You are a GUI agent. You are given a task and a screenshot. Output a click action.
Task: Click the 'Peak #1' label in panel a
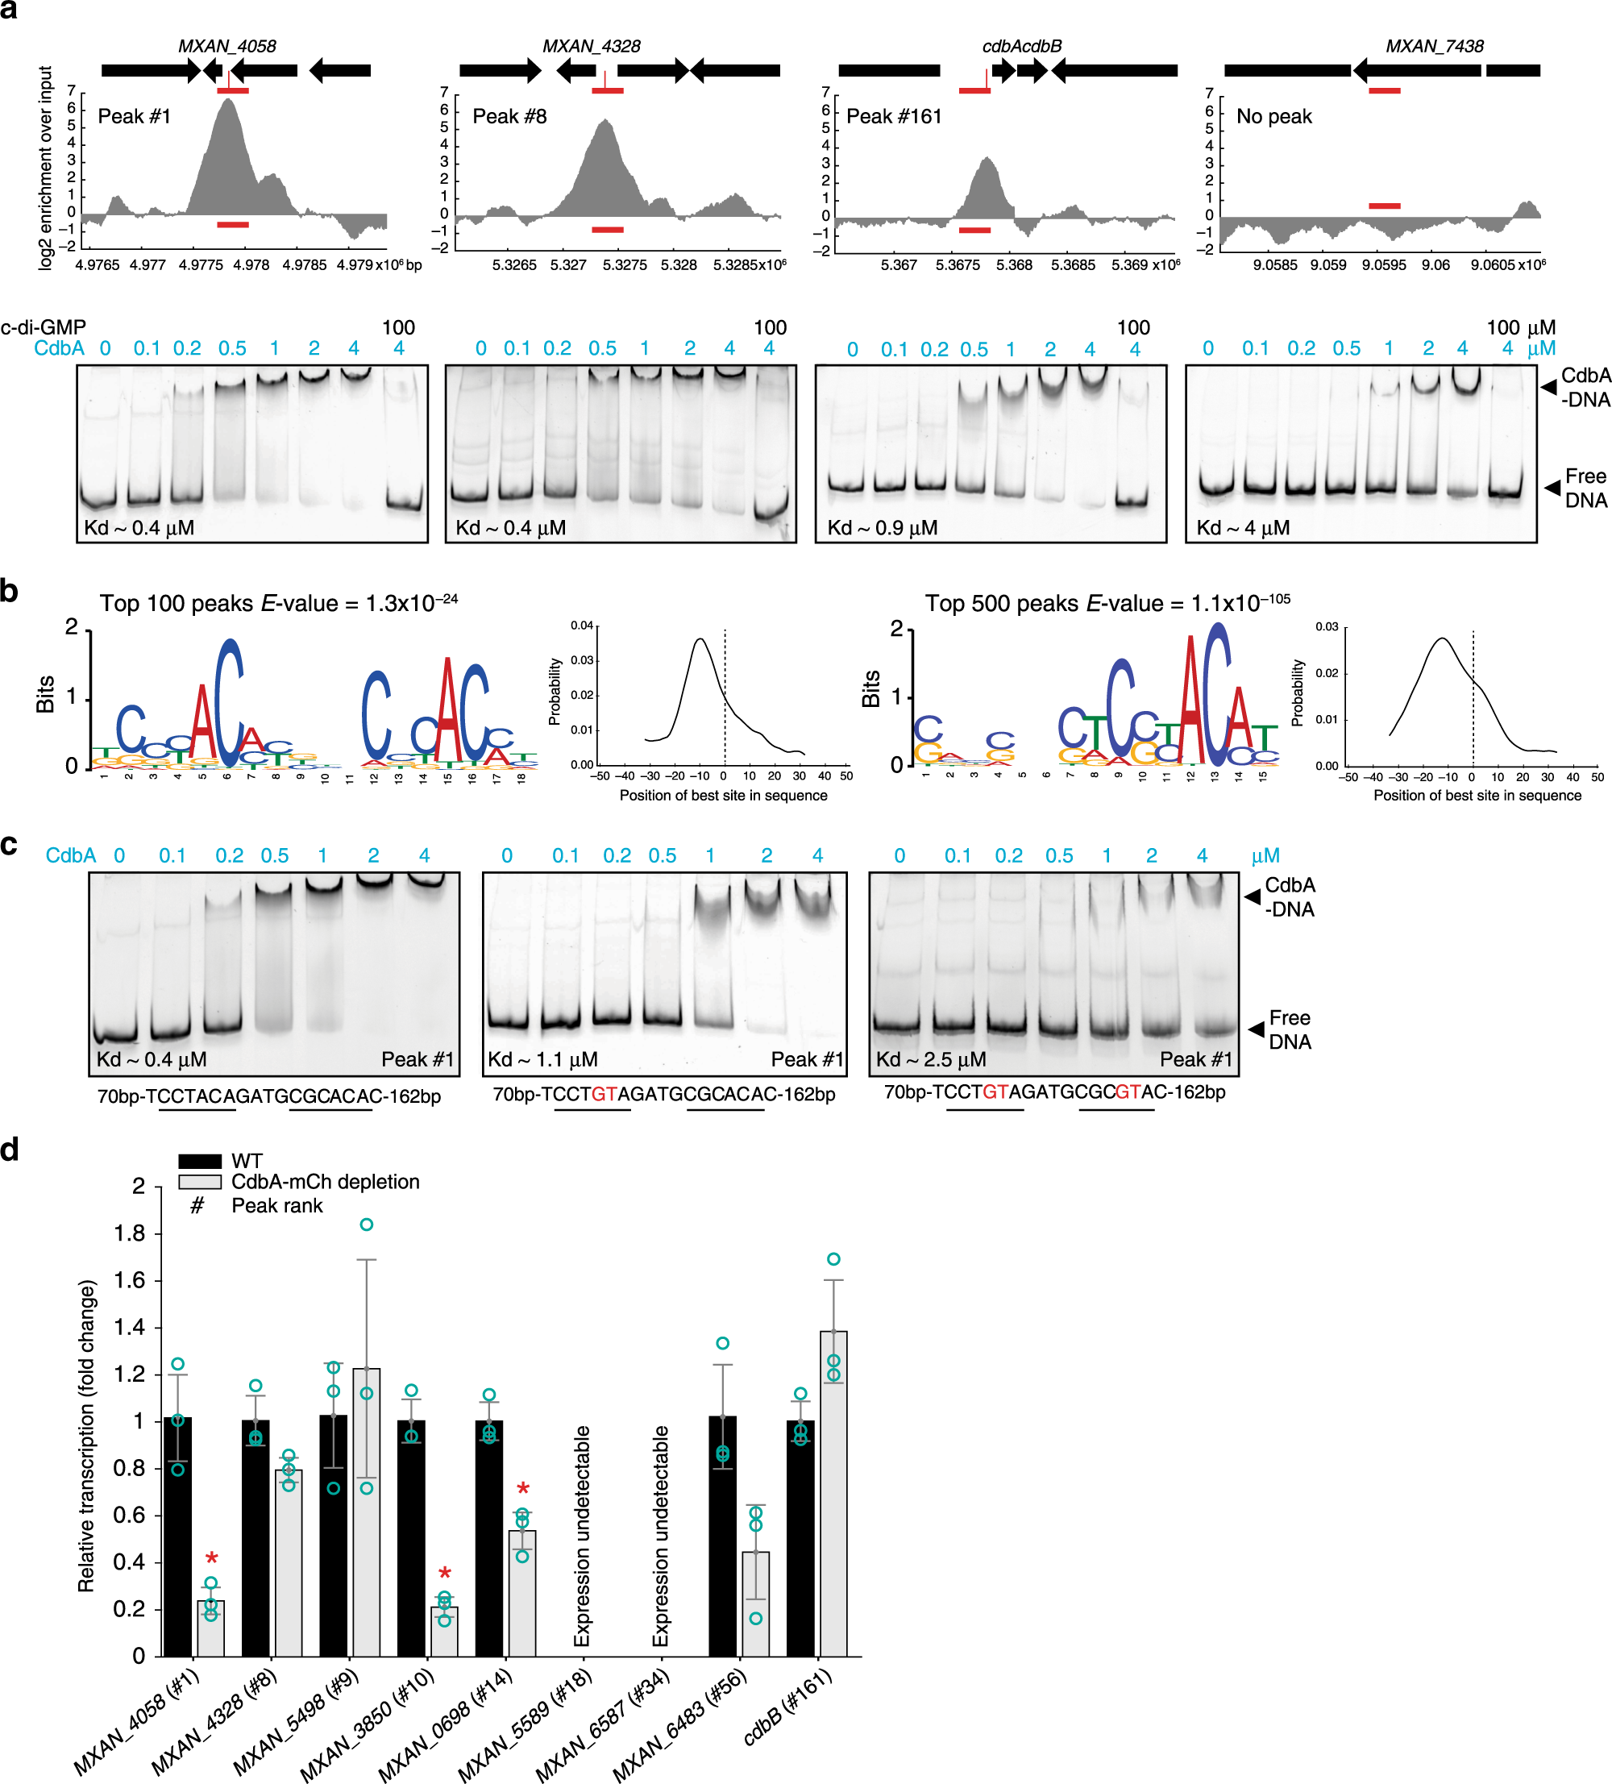coord(134,117)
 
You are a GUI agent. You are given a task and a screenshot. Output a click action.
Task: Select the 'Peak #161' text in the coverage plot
coord(894,117)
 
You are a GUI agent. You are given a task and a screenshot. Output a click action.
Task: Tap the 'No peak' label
coord(1273,117)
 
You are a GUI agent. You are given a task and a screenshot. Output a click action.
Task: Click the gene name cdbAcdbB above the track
coord(1021,46)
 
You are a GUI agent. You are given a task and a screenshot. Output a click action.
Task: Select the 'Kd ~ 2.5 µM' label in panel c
coord(930,1060)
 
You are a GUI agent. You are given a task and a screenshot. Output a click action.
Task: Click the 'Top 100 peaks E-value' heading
coord(278,604)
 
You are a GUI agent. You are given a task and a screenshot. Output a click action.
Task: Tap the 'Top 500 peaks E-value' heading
coord(1106,604)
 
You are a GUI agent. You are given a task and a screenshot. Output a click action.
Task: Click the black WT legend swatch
coord(199,1161)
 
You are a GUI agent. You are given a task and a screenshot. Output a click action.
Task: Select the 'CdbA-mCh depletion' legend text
coord(325,1183)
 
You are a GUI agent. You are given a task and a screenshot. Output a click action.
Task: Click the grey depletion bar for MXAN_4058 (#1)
coord(210,1628)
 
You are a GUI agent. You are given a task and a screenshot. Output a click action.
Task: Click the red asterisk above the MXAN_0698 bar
coord(523,1489)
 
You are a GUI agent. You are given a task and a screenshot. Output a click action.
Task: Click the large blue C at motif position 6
coord(228,704)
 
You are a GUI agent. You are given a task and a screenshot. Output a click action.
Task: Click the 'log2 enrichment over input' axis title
coord(45,168)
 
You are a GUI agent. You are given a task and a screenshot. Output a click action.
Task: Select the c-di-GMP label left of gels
coord(43,327)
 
